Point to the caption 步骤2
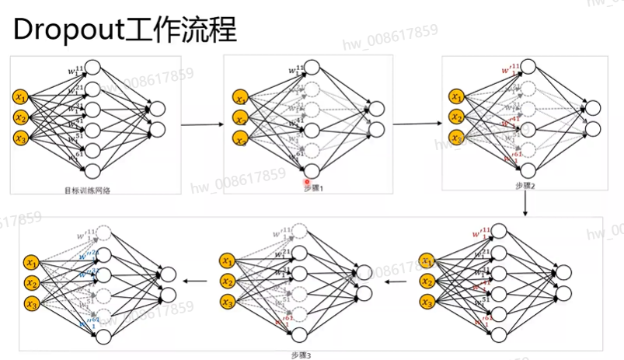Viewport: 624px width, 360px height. [525, 186]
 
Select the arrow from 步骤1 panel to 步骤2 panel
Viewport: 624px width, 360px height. [416, 124]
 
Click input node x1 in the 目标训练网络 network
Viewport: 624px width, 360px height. [21, 97]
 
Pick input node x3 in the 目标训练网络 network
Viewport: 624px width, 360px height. [21, 138]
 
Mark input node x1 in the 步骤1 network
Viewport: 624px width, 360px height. [242, 98]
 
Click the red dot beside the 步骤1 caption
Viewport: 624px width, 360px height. [307, 181]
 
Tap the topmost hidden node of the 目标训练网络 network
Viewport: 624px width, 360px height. [92, 68]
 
